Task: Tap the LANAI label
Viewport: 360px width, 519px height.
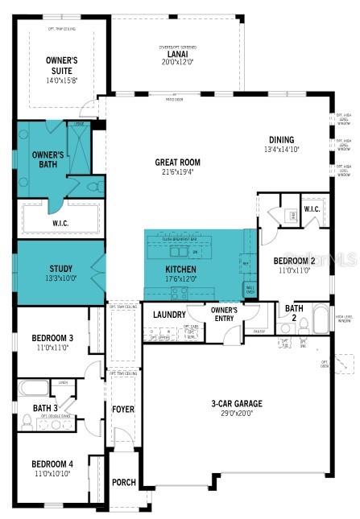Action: (x=178, y=54)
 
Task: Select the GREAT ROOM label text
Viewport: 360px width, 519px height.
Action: (x=177, y=162)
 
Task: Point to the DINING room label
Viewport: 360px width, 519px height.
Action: (x=281, y=139)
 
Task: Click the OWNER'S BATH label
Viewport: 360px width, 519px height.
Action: (x=47, y=159)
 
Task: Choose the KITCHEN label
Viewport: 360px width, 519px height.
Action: (x=180, y=270)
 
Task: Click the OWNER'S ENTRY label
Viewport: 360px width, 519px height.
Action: (x=223, y=313)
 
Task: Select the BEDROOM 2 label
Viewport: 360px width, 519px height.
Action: (x=294, y=262)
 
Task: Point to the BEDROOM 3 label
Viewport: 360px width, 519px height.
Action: (x=52, y=337)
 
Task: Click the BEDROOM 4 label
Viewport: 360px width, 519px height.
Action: (x=52, y=464)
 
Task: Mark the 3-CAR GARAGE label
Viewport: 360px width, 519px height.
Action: (x=237, y=403)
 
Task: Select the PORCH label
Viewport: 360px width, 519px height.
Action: (x=123, y=483)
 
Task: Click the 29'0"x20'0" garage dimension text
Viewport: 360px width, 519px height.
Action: (x=237, y=413)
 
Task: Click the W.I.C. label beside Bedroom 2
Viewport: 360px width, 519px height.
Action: (x=312, y=209)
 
